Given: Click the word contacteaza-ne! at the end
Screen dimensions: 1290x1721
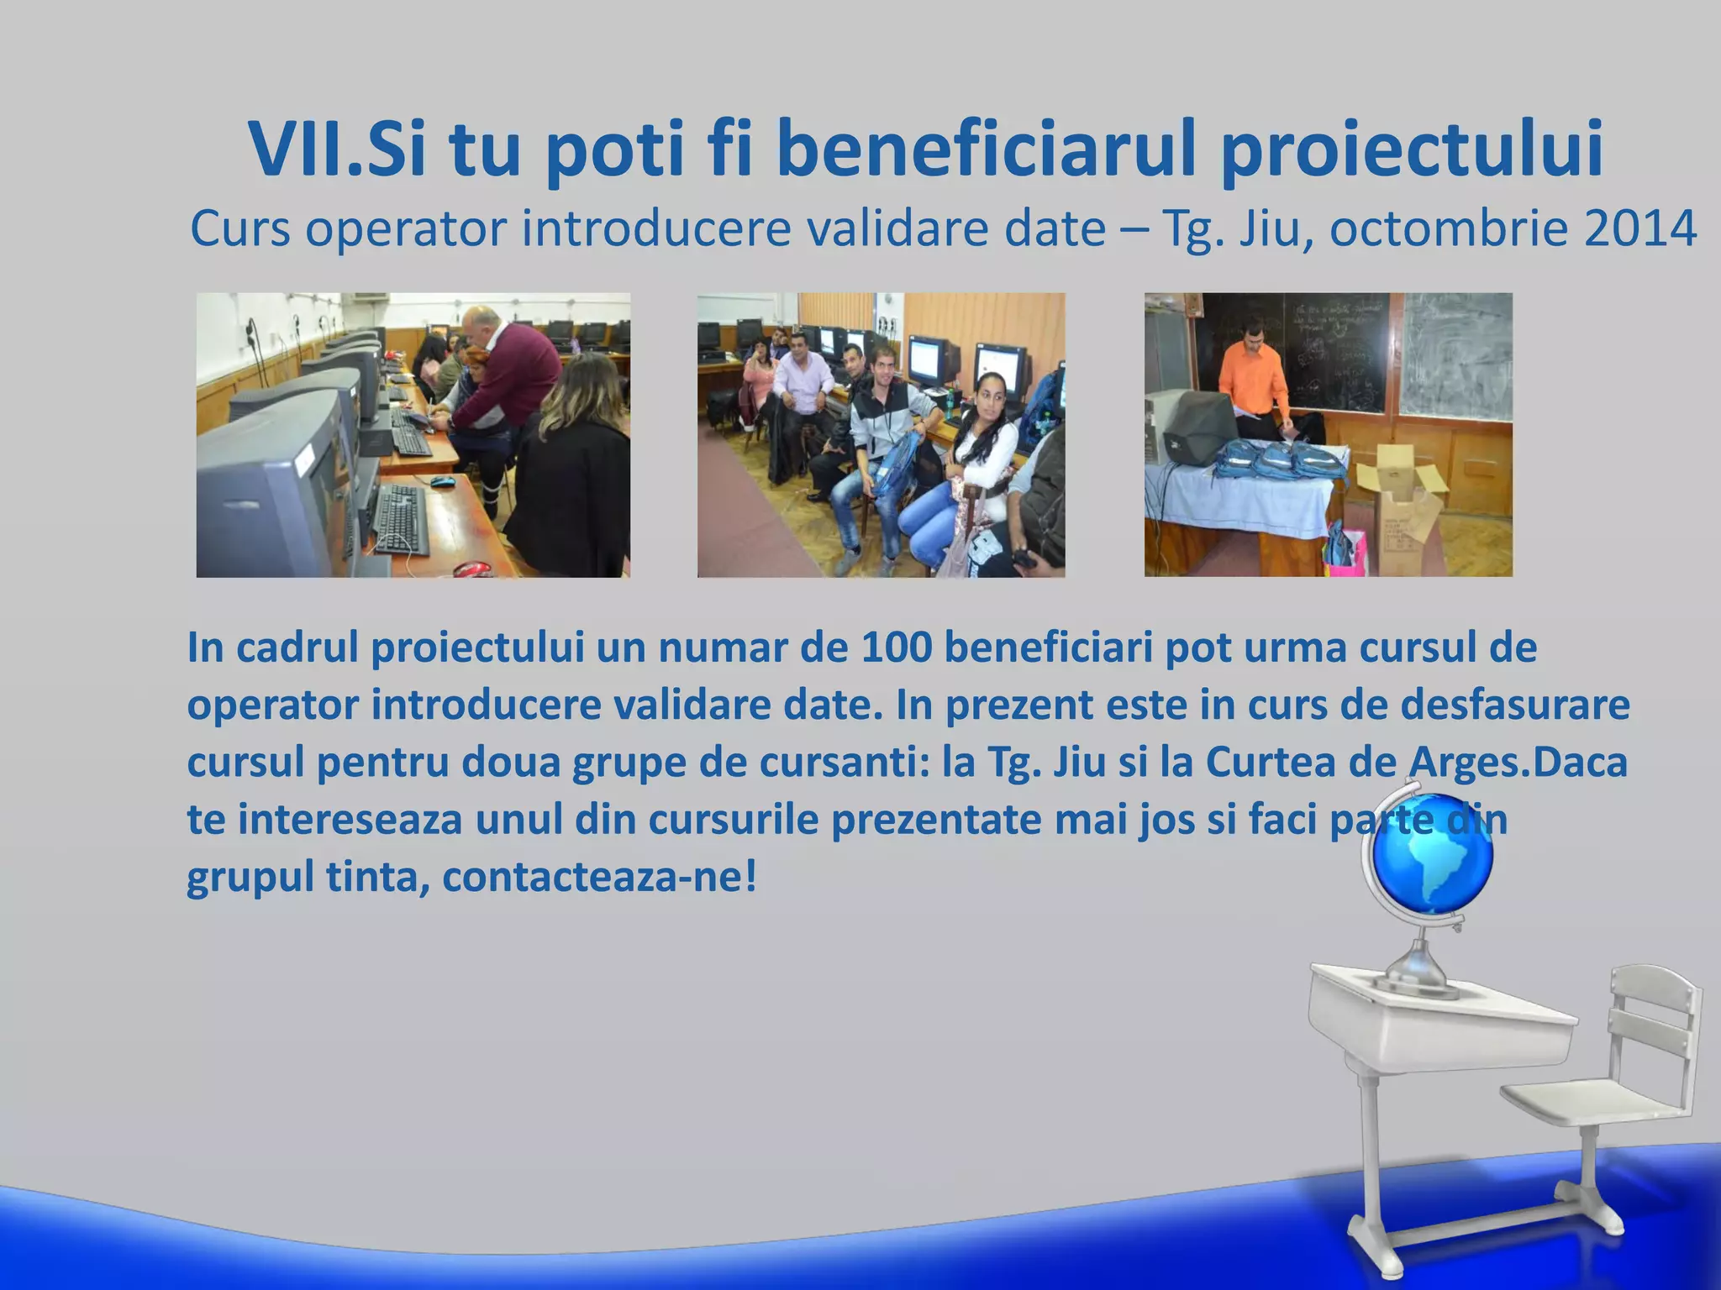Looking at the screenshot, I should point(599,877).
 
